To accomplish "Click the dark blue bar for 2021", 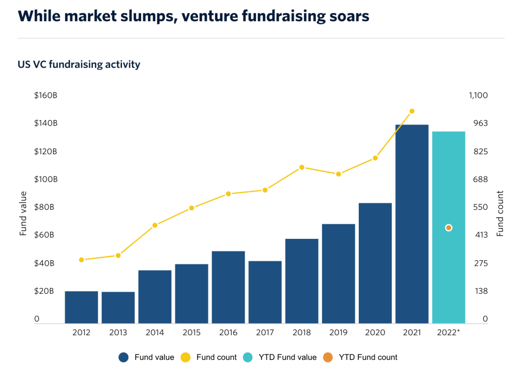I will click(412, 224).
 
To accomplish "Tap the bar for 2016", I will click(228, 287).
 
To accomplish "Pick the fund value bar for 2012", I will click(82, 307).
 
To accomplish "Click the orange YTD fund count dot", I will click(448, 228).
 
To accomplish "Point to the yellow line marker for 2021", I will click(412, 111).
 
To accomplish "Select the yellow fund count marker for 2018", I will click(302, 167).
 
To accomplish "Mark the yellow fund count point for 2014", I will click(155, 225).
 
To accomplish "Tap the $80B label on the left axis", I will click(44, 207).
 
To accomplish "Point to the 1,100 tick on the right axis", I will click(478, 95).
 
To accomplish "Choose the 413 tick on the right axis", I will click(478, 235).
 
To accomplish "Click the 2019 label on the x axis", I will click(338, 333).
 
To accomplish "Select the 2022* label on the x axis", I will click(448, 333).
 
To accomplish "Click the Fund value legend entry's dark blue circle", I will click(124, 357).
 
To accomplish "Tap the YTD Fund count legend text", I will click(368, 357).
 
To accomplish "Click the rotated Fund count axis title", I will click(500, 214).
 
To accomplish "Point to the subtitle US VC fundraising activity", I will click(79, 65).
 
